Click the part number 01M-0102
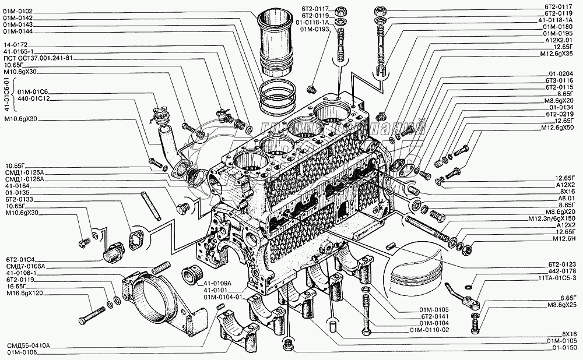click(x=20, y=11)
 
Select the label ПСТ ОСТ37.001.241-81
click(x=38, y=58)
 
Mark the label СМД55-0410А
click(x=30, y=345)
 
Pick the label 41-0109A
click(x=219, y=283)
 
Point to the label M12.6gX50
click(x=560, y=128)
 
